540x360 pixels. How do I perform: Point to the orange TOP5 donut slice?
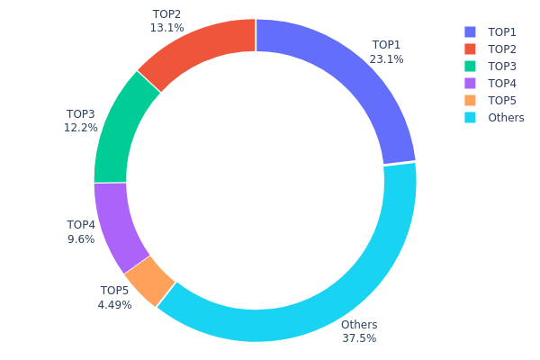[x=149, y=279]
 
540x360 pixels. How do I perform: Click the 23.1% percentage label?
[x=386, y=59]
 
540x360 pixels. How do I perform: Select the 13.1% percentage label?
[x=166, y=28]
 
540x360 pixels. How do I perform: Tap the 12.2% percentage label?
[x=80, y=129]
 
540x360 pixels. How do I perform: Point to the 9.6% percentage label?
[x=81, y=239]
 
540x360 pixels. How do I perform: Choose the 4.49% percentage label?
[x=114, y=305]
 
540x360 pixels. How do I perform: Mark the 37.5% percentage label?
[x=359, y=338]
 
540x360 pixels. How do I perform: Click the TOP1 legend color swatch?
[x=471, y=31]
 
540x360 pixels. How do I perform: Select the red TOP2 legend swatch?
[x=471, y=49]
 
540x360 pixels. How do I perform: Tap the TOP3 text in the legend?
[x=502, y=66]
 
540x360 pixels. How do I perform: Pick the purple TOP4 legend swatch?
[x=471, y=83]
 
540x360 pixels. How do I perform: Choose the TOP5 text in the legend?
[x=502, y=100]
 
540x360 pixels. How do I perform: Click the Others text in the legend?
[x=505, y=117]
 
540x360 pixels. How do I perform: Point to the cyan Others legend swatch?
[x=471, y=117]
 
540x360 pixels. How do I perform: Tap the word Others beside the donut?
[x=359, y=325]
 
